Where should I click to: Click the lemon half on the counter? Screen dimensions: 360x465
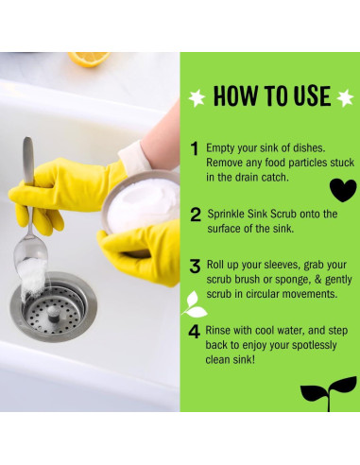coord(89,59)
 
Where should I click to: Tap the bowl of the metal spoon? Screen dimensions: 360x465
coord(30,253)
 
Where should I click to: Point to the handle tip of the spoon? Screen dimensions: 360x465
coord(28,140)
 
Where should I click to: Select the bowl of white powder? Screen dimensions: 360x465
coord(141,202)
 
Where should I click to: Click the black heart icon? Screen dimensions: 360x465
coord(343,190)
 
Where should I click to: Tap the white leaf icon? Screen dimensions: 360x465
coord(195,304)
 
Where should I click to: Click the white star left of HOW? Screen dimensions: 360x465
coord(197,97)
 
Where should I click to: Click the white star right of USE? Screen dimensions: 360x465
coord(345,97)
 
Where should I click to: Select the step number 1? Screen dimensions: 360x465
coord(195,148)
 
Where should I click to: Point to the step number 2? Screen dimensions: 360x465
coord(196,215)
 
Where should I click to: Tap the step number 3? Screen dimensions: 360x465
coord(195,266)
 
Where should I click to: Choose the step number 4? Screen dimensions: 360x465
coord(194,332)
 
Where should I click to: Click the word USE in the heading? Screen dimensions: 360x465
coord(312,95)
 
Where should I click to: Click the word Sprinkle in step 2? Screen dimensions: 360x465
coord(226,215)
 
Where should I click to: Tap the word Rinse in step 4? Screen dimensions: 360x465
coord(217,331)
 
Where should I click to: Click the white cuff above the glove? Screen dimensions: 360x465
coord(134,156)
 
